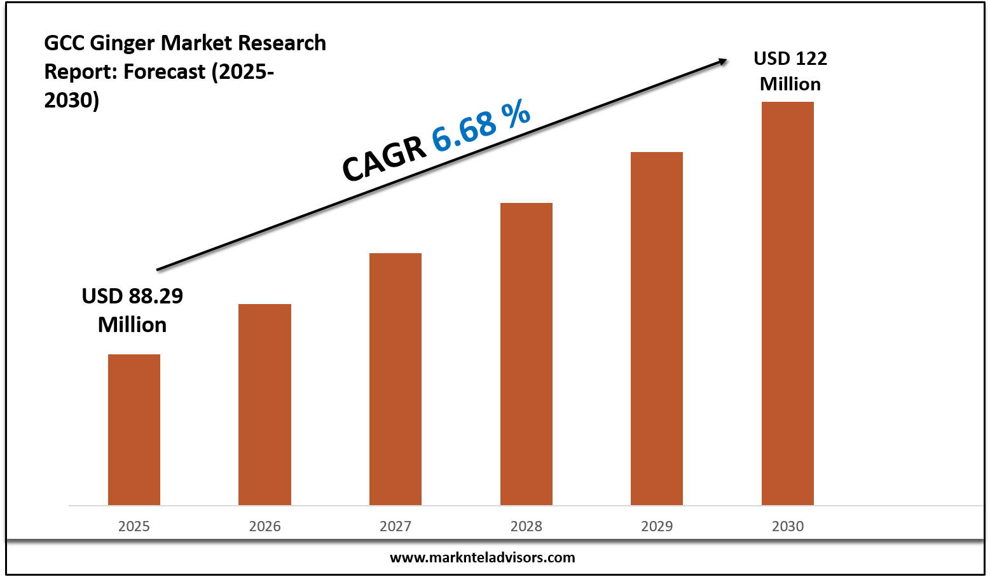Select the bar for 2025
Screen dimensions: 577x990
coord(134,429)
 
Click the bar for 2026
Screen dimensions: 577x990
coord(265,405)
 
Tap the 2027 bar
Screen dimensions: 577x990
coord(395,379)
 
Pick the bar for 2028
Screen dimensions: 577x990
coord(526,354)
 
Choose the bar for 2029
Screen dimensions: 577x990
coord(657,328)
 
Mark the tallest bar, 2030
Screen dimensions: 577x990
coord(787,303)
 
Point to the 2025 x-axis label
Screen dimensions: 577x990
coord(134,526)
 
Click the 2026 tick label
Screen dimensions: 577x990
coord(265,526)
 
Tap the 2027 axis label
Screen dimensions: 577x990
coord(395,526)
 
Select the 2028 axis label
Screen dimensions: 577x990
coord(526,526)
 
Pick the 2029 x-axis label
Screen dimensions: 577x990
coord(657,526)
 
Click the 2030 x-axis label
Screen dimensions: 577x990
coord(788,526)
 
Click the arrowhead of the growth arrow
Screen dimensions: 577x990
coord(723,60)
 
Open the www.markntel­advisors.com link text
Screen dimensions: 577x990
coord(482,558)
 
